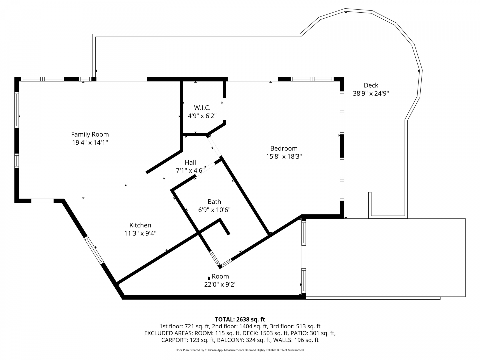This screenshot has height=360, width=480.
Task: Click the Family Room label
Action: (90, 134)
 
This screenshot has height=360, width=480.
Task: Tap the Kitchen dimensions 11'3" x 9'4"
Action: (140, 233)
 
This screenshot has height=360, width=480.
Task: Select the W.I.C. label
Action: (202, 108)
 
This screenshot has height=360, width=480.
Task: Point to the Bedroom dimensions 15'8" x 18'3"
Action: (284, 157)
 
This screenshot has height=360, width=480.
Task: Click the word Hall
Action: (190, 162)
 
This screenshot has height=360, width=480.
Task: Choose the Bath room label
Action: (214, 202)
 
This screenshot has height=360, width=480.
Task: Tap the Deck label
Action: (371, 85)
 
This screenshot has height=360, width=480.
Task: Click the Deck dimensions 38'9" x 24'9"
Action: (371, 94)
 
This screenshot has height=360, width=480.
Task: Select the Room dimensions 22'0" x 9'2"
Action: (220, 285)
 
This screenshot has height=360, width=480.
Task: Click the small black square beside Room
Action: (209, 278)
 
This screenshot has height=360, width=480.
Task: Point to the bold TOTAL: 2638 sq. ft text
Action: (240, 320)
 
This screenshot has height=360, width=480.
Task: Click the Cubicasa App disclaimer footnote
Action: (240, 350)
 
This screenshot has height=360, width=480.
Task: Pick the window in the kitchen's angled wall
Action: (94, 250)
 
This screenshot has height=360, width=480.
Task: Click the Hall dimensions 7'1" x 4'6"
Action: (190, 170)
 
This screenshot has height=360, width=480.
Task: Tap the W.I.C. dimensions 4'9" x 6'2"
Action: (202, 116)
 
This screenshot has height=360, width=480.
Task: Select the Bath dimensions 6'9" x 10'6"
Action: (214, 210)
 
